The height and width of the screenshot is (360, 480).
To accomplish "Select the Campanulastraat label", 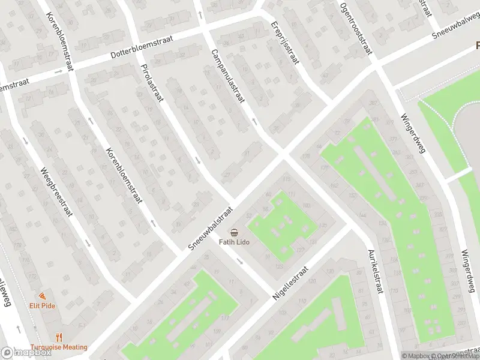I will pos(227,76).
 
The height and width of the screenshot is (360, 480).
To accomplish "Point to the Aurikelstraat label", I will pos(375,271).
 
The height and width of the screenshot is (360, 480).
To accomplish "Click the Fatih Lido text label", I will pos(233,242).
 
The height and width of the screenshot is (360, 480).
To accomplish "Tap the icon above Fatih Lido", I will pos(233,233).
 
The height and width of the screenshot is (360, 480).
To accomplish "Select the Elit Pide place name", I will pos(42,305).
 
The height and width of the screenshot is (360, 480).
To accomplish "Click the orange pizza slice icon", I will pos(42,296).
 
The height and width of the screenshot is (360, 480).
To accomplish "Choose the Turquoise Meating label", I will pos(59,347).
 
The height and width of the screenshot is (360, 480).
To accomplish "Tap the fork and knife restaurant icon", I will pos(59,338).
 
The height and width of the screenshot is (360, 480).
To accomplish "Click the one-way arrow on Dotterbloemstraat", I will pos(58,71).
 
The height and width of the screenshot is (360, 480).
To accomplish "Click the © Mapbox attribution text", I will pos(415,356).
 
